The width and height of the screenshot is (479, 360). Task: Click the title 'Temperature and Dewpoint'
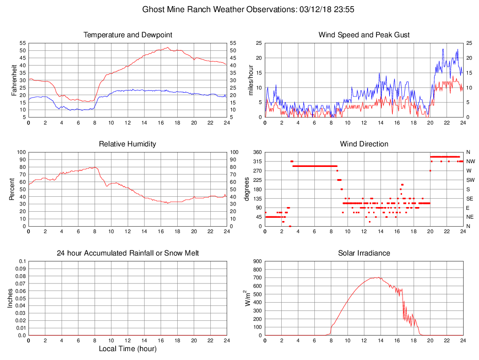128,35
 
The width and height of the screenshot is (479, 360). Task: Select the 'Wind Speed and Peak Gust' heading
364,35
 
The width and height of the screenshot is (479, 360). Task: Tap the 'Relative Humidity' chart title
128,144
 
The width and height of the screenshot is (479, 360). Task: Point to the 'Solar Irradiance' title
364,253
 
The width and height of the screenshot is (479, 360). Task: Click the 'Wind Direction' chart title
364,144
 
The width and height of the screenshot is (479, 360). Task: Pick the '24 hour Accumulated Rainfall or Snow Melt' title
128,253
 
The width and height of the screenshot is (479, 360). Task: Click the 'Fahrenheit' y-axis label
14,80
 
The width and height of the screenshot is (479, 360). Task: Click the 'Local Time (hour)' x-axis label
128,349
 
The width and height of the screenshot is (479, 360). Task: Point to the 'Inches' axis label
10,298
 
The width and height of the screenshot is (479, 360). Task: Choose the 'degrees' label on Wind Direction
247,189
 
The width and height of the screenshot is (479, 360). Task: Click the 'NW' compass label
470,161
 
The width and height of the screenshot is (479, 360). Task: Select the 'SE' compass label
470,199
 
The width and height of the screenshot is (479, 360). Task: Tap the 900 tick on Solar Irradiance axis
257,261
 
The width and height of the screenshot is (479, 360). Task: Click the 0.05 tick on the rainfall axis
21,298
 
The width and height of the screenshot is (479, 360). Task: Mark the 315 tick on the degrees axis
257,161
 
